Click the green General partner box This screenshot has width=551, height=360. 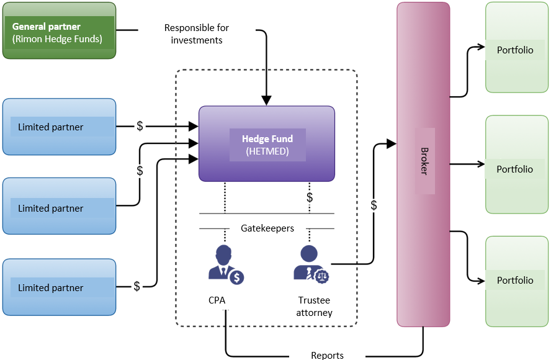point(59,30)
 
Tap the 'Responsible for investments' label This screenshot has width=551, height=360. point(197,34)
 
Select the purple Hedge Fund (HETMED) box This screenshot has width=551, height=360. point(267,144)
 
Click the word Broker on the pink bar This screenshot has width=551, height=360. point(425,161)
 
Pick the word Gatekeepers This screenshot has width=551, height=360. point(267,228)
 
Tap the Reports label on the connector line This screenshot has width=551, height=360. point(328,355)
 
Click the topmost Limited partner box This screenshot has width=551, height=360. point(59,127)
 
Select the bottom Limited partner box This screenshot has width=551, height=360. point(59,287)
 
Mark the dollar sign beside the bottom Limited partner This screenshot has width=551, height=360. point(137,286)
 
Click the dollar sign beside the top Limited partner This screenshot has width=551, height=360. point(140,126)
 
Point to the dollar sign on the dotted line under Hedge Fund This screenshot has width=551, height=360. point(310,197)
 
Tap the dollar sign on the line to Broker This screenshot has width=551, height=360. point(374,205)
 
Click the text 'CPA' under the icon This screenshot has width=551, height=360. point(217,300)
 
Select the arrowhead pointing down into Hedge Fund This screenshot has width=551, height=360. point(266,100)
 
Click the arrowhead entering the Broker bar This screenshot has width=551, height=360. point(392,144)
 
